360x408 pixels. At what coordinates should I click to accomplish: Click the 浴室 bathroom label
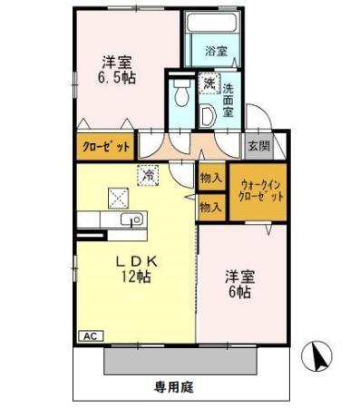pos(215,51)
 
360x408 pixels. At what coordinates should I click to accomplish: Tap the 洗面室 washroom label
pos(229,102)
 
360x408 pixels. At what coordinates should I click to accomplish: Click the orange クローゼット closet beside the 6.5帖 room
pos(106,146)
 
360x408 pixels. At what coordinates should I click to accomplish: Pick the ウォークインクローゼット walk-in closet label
pos(261,189)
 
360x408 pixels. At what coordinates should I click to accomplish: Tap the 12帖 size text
pos(134,277)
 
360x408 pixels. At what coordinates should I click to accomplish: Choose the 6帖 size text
pos(240,296)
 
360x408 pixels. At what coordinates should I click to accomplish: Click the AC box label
pos(91,335)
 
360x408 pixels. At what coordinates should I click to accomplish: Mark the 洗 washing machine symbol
pos(209,83)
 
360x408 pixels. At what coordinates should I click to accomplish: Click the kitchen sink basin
pos(127,219)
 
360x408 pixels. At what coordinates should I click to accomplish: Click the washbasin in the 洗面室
pos(208,114)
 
